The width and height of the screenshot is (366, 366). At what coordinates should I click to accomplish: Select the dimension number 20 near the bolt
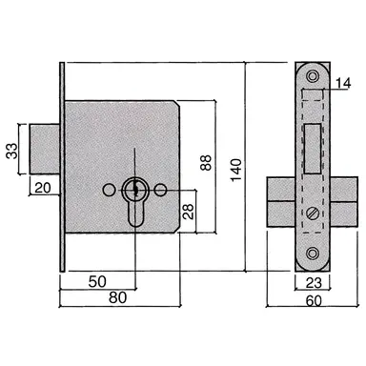pyautogui.click(x=42, y=188)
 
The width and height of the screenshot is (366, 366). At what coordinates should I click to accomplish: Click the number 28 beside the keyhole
pyautogui.click(x=190, y=210)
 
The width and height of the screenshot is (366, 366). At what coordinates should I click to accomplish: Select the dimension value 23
pyautogui.click(x=315, y=283)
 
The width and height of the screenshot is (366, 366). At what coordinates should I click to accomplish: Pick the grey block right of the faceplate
pyautogui.click(x=345, y=200)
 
